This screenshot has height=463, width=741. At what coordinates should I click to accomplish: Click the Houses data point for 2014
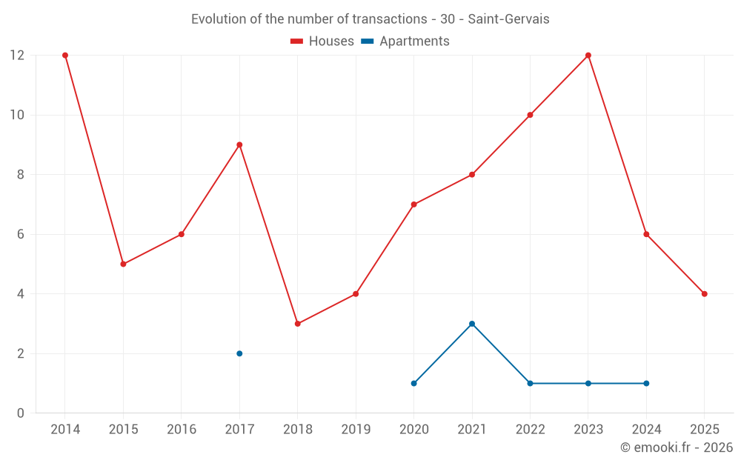65,56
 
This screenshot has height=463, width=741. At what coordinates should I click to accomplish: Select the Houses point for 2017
239,145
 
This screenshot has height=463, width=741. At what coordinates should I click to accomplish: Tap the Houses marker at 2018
298,324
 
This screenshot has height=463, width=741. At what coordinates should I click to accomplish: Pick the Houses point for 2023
588,56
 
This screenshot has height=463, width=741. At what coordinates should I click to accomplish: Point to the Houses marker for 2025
705,294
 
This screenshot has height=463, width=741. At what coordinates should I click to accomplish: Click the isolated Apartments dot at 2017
239,353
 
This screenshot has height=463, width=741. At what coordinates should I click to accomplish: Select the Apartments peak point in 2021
472,324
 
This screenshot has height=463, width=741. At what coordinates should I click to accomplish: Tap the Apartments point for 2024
646,383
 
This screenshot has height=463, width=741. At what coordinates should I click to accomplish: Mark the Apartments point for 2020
414,383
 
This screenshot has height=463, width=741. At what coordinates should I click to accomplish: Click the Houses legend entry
322,41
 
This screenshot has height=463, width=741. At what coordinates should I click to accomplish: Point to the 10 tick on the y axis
16,115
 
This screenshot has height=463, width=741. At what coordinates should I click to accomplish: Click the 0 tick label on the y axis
20,413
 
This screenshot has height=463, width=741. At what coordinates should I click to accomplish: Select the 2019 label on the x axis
356,430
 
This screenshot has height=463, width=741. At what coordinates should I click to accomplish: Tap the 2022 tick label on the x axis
530,430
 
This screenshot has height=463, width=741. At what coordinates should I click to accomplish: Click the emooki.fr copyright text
677,447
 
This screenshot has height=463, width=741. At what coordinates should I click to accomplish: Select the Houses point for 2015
123,264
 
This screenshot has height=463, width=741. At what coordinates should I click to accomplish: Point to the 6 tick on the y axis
20,234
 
